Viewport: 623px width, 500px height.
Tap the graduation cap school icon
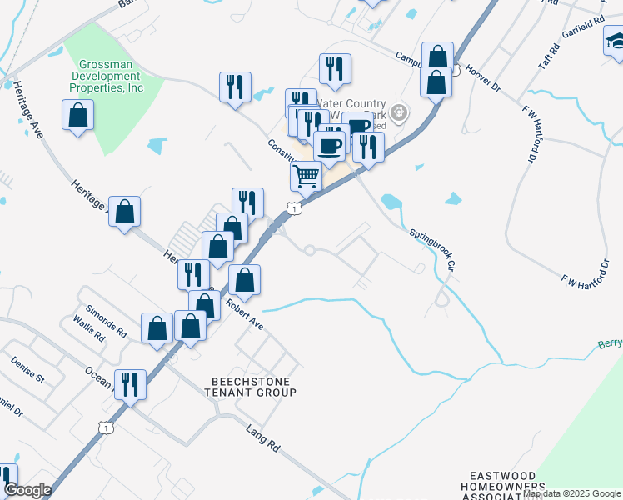[616, 41]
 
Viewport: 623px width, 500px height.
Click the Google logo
[27, 490]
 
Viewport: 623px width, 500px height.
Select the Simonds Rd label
[110, 321]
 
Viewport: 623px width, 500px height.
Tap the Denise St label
[27, 369]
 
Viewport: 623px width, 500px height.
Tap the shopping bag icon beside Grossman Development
[77, 117]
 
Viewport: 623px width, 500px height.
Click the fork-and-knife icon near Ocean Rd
[129, 386]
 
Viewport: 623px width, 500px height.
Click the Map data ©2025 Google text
[572, 493]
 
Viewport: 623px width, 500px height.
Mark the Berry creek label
[610, 343]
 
